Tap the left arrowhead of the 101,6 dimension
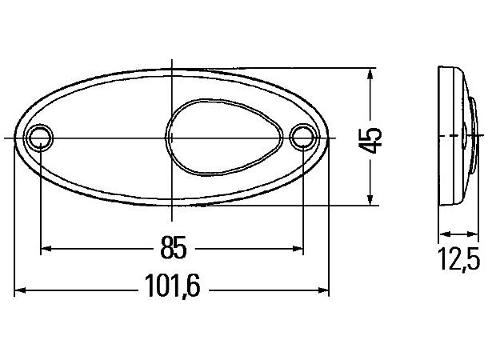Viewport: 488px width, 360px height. pyautogui.click(x=20, y=290)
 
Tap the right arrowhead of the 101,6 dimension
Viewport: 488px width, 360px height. pyautogui.click(x=324, y=290)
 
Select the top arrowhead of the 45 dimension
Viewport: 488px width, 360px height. pyautogui.click(x=369, y=74)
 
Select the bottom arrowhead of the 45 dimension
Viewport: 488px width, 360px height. pyautogui.click(x=369, y=201)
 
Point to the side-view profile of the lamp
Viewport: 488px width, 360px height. pyautogui.click(x=454, y=138)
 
